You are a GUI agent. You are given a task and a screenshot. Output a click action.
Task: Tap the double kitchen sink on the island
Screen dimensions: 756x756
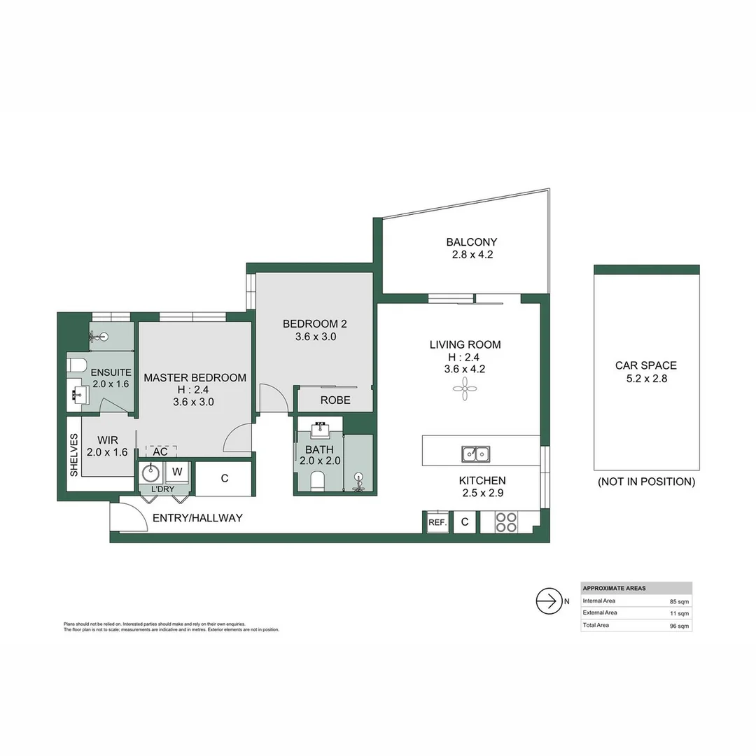click(x=475, y=454)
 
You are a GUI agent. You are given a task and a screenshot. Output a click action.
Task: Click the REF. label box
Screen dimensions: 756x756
click(x=437, y=522)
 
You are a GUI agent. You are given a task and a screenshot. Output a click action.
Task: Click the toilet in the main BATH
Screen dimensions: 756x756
click(x=316, y=480)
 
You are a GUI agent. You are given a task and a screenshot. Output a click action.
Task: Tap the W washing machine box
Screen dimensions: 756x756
click(x=178, y=470)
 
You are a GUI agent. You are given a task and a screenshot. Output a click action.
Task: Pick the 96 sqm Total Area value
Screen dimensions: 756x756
click(x=679, y=625)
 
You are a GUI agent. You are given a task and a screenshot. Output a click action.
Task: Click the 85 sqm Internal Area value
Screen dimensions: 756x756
click(x=679, y=601)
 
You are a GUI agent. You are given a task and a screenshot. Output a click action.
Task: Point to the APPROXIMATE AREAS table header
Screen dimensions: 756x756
click(x=615, y=588)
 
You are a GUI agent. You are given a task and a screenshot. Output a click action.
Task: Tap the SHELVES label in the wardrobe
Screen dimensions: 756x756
click(x=73, y=454)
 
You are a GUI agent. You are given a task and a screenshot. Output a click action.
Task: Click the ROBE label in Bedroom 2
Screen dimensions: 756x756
click(x=335, y=400)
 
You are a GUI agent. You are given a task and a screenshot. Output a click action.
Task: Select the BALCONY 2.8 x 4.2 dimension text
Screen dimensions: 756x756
click(x=472, y=255)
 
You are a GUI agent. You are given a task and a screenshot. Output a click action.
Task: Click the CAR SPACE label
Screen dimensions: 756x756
click(x=645, y=365)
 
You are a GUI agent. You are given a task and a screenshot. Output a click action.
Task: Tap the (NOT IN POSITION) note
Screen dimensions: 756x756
click(x=645, y=482)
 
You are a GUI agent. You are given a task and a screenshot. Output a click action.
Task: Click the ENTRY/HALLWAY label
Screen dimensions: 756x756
click(x=197, y=518)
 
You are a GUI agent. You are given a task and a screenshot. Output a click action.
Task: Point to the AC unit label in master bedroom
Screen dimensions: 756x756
click(x=160, y=451)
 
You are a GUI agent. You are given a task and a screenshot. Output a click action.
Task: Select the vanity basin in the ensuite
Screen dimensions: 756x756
click(x=78, y=395)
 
